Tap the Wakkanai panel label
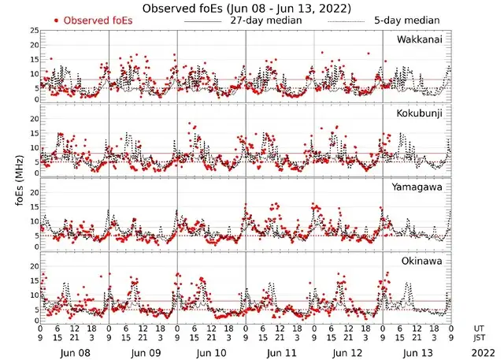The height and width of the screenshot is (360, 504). coord(420,39)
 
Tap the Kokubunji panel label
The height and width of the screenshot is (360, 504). coord(419,113)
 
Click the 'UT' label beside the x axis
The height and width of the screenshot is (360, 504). coord(477,327)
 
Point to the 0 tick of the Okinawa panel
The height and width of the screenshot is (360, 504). coord(34,321)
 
